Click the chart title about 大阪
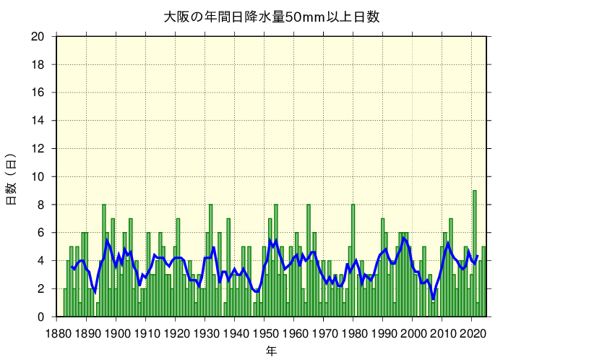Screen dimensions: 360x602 [271, 17]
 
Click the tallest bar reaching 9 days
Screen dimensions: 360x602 [475, 253]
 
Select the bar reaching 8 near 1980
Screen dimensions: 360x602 [353, 260]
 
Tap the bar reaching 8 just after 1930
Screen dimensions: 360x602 [211, 260]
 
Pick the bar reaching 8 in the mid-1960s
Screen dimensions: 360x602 [309, 260]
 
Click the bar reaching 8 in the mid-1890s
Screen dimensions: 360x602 [104, 260]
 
